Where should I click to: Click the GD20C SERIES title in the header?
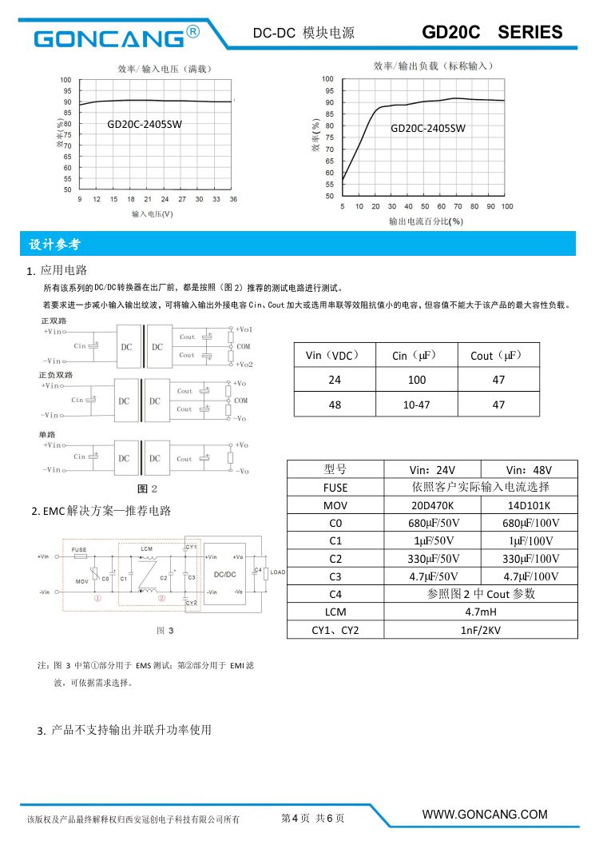coord(492,33)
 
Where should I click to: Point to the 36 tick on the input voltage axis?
coord(233,199)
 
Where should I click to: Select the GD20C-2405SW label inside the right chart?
coord(428,128)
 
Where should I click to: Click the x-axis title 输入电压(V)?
coord(153,213)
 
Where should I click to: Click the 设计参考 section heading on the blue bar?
coord(54,244)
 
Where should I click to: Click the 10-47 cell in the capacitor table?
coord(416,405)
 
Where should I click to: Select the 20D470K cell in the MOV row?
coord(432,505)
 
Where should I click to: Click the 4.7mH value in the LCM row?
coord(481,612)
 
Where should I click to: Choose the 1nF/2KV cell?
coord(481,630)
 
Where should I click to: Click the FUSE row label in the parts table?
coord(335,487)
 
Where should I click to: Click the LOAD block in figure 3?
coord(278,572)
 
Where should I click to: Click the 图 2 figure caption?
coord(147,488)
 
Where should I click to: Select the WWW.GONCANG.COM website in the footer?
coord(485,815)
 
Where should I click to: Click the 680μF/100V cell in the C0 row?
coord(530,523)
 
